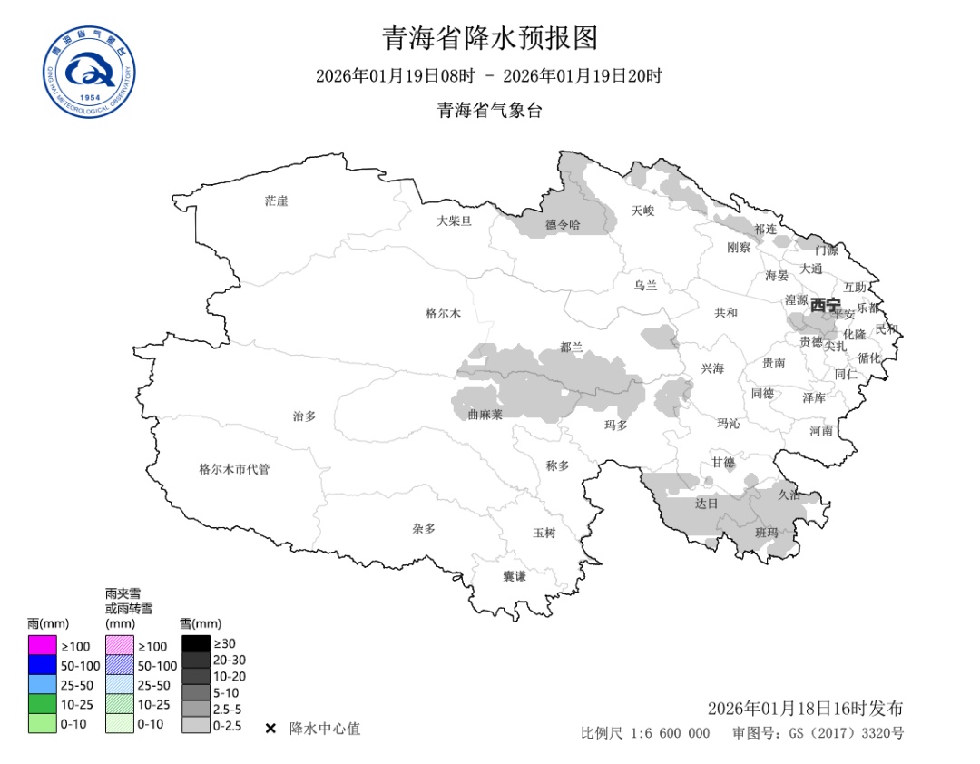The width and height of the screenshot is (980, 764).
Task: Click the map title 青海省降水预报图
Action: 490,38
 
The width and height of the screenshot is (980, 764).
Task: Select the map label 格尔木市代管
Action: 234,469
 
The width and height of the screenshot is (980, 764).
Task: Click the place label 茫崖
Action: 276,201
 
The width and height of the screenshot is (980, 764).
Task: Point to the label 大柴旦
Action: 454,220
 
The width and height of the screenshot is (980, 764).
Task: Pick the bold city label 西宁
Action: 825,305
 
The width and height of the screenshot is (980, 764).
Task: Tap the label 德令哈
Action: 563,225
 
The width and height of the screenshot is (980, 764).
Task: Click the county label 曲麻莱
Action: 485,414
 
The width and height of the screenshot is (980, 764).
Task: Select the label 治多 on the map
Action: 304,416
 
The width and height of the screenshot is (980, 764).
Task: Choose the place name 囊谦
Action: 514,576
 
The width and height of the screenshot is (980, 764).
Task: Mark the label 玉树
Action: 544,533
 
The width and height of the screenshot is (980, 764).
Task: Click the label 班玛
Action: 767,532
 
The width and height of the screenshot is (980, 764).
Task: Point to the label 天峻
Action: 642,211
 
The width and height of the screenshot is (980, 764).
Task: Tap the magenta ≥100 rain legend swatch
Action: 42,646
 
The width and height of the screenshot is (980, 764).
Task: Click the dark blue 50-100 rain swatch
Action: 42,665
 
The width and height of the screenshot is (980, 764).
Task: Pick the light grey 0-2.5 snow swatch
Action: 195,725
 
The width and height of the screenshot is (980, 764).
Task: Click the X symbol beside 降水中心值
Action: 270,729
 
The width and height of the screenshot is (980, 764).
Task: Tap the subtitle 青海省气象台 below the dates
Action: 490,111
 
